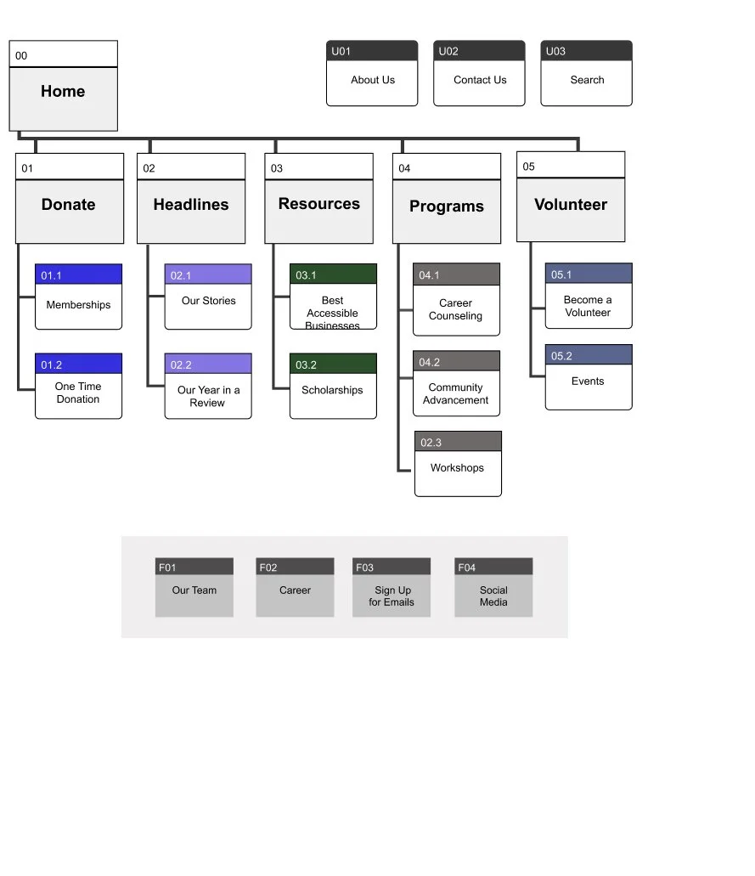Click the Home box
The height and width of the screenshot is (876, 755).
63,92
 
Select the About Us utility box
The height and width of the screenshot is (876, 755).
372,81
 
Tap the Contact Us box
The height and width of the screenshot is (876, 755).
479,81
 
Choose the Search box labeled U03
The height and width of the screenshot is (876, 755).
586,81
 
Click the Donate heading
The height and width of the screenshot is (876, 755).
69,205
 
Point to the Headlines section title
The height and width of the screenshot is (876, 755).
191,205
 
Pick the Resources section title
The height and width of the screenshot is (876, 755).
318,204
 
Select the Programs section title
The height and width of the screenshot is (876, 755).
446,206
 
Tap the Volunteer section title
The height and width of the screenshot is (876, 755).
570,205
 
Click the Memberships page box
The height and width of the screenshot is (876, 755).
78,305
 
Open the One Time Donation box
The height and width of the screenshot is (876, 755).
78,393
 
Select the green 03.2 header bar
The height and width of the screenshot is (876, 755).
333,365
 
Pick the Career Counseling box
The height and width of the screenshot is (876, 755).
456,309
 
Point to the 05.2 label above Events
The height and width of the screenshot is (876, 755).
562,356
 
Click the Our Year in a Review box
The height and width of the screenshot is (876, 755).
208,396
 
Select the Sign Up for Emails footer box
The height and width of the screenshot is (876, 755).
392,596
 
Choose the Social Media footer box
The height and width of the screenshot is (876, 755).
493,596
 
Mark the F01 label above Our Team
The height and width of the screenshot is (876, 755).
167,568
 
